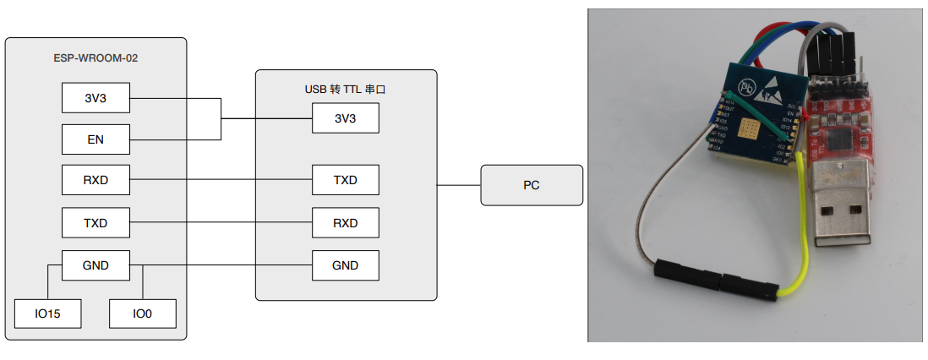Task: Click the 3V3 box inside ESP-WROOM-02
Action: [96, 98]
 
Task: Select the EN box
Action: [96, 139]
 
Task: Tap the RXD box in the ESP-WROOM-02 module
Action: [96, 180]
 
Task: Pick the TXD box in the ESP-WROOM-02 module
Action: [96, 223]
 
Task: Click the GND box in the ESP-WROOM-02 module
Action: [96, 265]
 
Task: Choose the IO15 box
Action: [47, 314]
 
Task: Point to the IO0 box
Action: [142, 314]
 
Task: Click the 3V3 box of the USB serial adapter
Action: [345, 118]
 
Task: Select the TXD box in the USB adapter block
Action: [345, 180]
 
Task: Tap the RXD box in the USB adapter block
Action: [345, 223]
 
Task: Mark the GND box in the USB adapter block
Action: [345, 265]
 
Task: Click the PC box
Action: [531, 185]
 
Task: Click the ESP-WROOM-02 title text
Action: [96, 58]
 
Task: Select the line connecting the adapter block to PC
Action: [459, 185]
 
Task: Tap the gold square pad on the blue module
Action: [750, 128]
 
